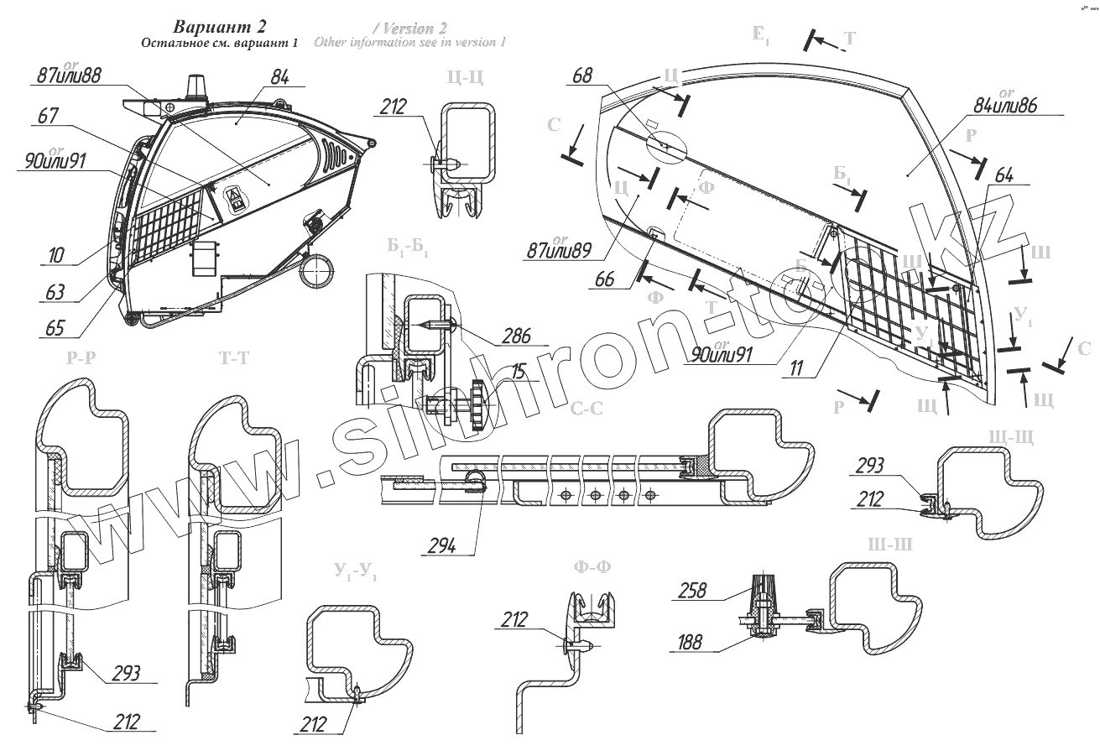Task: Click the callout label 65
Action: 55,327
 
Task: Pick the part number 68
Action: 581,76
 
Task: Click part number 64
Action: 1004,175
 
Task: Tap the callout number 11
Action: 795,367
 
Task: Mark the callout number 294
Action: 441,545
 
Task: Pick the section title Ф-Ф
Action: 592,567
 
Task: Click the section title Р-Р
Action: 81,357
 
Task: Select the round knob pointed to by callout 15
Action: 479,405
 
